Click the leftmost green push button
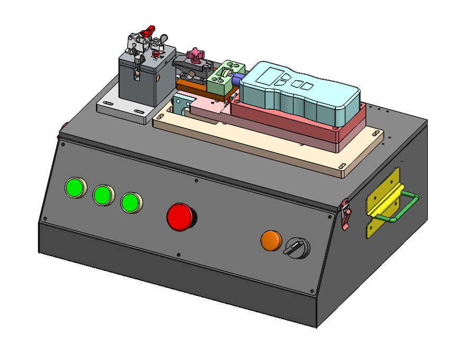[75, 187]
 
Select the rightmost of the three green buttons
[130, 203]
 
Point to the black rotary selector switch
[295, 247]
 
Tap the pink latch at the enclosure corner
[346, 215]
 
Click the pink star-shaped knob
[196, 54]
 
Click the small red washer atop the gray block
[155, 54]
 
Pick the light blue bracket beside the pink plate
[180, 104]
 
